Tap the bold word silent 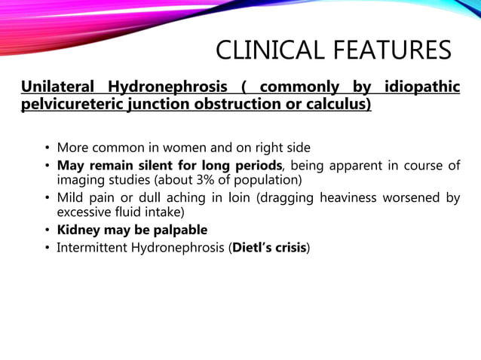coord(162,165)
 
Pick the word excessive coord(87,213)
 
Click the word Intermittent coord(96,247)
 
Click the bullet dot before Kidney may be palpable coord(47,230)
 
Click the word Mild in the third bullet coord(72,197)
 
